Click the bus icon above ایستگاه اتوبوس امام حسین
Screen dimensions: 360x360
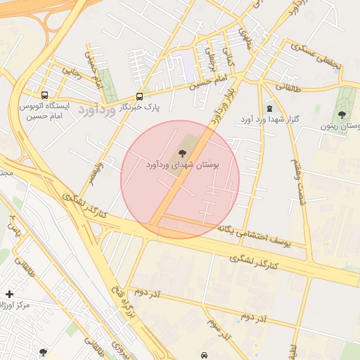click(45, 95)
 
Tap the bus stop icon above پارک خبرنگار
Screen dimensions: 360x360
click(139, 96)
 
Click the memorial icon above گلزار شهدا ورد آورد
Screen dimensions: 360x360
click(269, 108)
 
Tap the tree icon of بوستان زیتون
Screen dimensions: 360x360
click(342, 114)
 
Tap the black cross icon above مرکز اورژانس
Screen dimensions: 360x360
click(9, 293)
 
